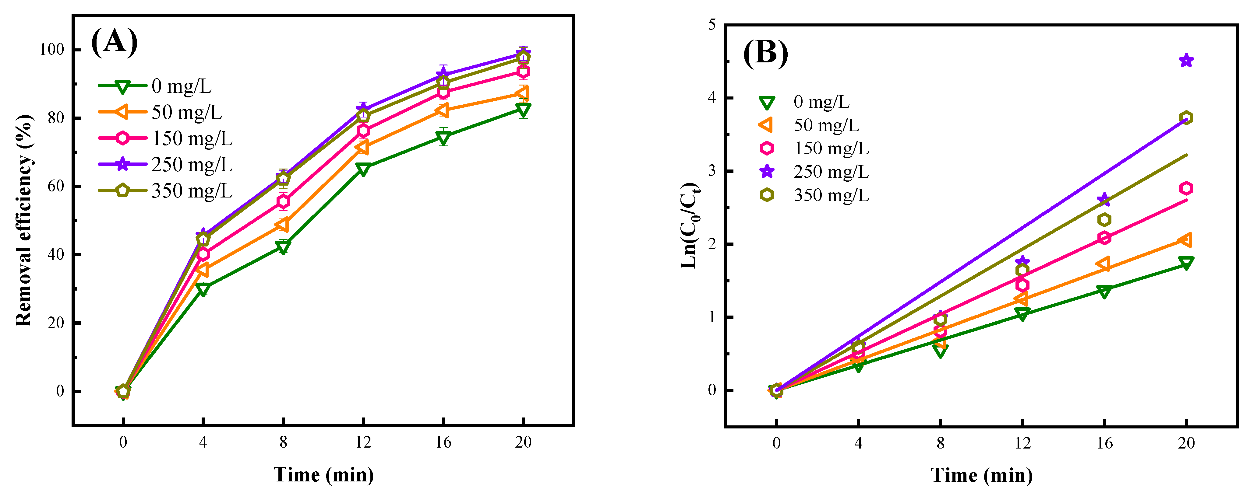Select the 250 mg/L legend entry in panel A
coord(165,165)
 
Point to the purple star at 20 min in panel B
coord(1186,61)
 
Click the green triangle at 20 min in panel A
coord(523,110)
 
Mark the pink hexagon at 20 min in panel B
coord(1186,188)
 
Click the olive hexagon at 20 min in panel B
coord(1186,118)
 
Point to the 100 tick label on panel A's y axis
coord(51,50)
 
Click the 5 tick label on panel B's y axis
coord(712,24)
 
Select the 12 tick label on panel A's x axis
coord(363,442)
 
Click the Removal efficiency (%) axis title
coord(24,221)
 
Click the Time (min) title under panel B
coord(981,475)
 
